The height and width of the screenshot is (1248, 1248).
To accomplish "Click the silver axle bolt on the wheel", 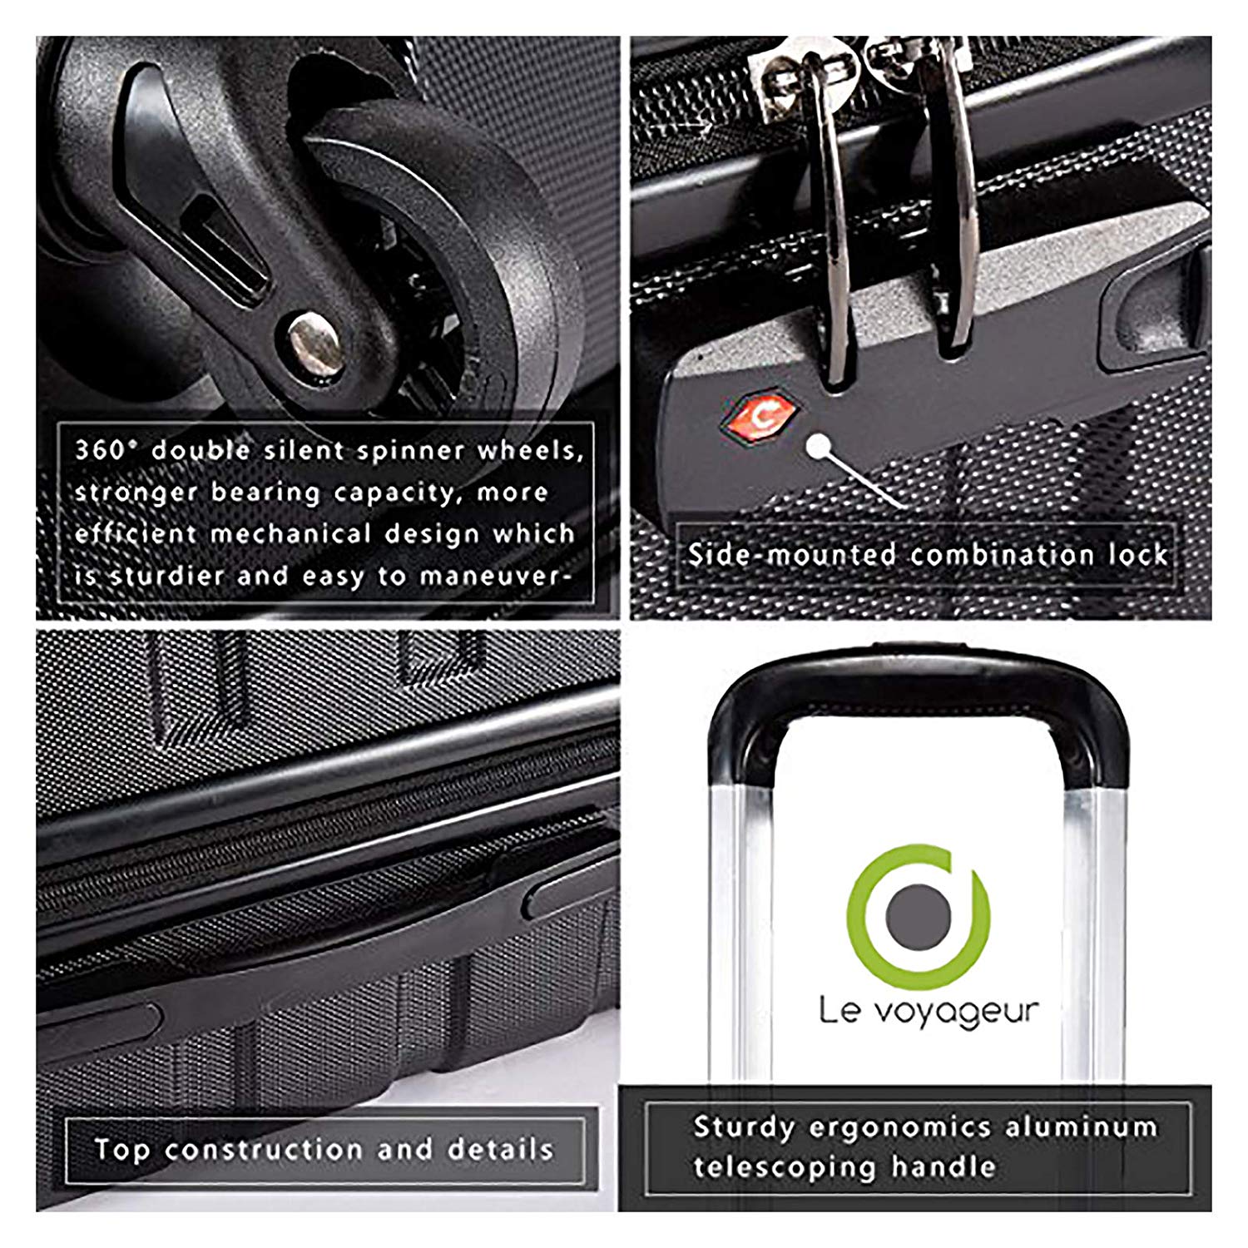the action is pyautogui.click(x=314, y=342).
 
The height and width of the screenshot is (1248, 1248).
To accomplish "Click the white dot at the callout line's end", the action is pyautogui.click(x=819, y=447).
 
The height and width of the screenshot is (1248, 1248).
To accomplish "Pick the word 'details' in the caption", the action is pyautogui.click(x=501, y=1150).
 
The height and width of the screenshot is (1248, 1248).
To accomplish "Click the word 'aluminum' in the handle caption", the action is pyautogui.click(x=1082, y=1127).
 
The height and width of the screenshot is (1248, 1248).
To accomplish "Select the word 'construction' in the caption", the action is pyautogui.click(x=264, y=1150).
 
